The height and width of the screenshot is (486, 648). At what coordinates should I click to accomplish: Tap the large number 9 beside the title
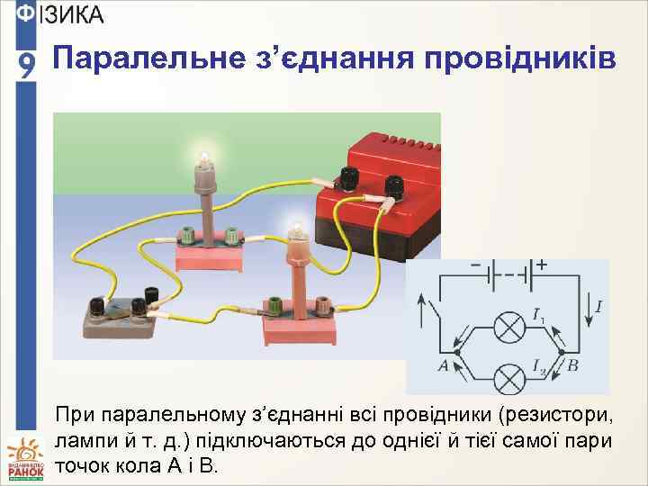28,66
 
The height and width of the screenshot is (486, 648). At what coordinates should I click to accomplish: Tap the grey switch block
117,315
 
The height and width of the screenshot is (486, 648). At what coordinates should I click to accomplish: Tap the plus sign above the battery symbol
542,266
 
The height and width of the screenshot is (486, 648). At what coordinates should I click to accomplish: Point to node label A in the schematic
442,366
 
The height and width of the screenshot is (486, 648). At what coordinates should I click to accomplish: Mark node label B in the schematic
572,366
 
